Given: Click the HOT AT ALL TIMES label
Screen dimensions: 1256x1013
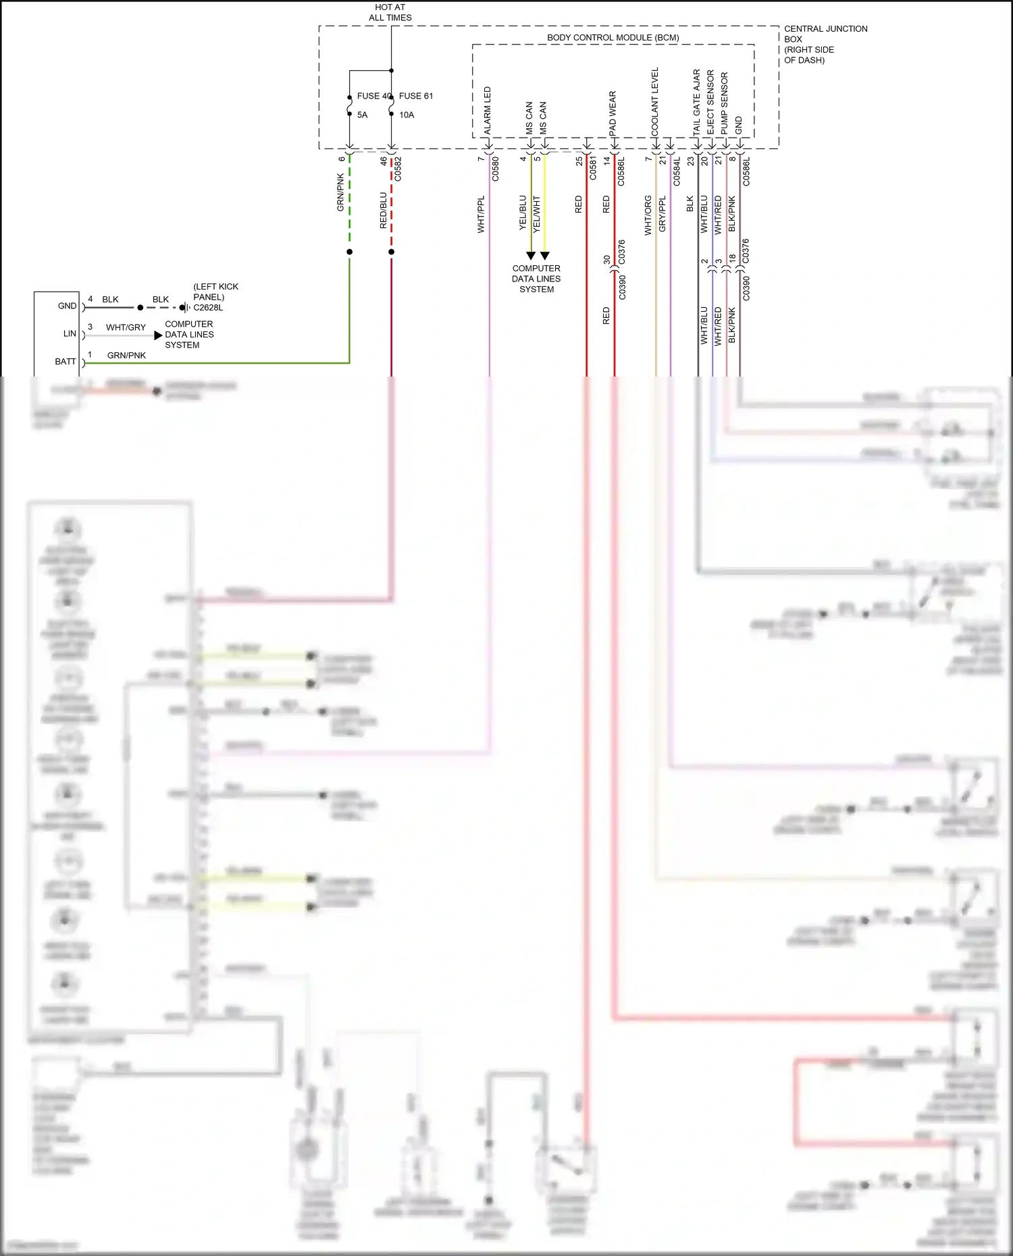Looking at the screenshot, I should click(x=390, y=12).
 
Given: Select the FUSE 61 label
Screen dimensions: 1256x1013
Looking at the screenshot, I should click(x=416, y=96).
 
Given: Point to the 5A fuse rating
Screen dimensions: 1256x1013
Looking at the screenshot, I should click(x=362, y=115).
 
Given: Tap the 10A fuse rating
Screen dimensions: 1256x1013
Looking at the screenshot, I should click(x=407, y=115).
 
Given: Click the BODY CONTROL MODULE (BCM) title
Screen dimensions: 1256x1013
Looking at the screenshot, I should click(x=613, y=38).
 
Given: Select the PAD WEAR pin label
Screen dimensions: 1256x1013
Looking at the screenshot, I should click(x=613, y=113).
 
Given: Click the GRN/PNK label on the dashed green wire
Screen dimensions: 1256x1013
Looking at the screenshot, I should click(x=341, y=192).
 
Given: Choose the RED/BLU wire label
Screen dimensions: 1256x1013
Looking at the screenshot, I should click(x=384, y=210).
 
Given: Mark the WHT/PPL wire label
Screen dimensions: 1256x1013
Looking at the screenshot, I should click(x=481, y=215).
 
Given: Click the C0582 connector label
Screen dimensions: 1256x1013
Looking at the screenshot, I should click(x=398, y=169).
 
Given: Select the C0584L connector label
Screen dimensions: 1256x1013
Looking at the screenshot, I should click(x=677, y=172).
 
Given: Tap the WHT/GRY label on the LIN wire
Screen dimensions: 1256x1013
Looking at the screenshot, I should click(x=126, y=327).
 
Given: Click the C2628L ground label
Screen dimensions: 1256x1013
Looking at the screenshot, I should click(x=208, y=308).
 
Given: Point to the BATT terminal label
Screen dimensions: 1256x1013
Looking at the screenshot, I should click(x=66, y=362).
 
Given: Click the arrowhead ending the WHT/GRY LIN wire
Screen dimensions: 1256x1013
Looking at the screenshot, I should click(x=158, y=335).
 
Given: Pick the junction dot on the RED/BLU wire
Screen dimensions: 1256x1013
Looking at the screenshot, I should click(x=392, y=252).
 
